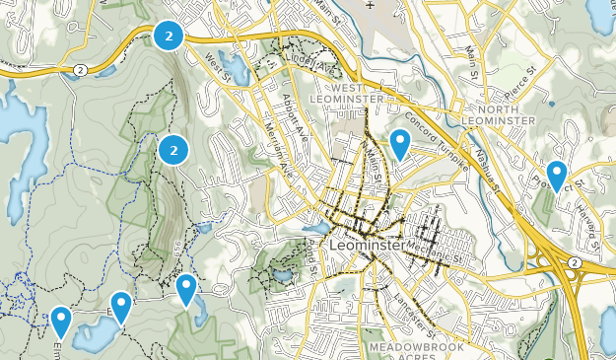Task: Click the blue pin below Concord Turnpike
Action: coord(399,145)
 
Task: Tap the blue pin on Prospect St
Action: coord(557,177)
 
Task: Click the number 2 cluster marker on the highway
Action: coord(170,36)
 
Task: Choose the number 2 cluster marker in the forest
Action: coord(173,150)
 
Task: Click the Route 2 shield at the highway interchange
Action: coord(573,262)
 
